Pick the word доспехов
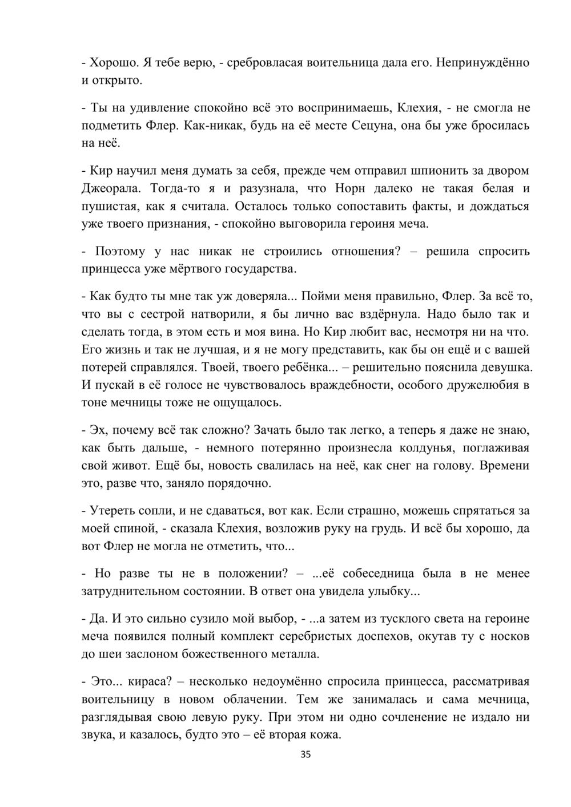397,636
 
